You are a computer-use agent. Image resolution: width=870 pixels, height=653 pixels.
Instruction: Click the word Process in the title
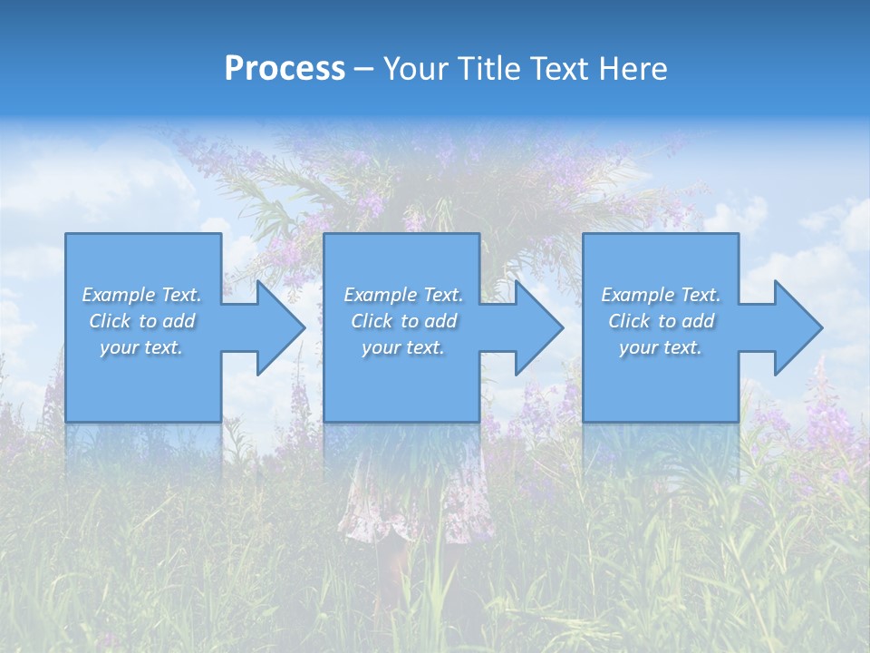point(285,69)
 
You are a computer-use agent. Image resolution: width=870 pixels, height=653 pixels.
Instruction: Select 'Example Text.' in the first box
point(141,295)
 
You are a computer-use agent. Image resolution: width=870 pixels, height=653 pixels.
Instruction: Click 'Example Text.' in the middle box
point(402,295)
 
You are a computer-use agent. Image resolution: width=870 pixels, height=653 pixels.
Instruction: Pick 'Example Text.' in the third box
point(661,295)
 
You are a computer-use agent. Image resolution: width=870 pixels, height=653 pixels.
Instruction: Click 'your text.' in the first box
point(141,347)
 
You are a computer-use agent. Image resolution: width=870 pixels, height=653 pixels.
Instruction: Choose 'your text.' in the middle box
point(402,347)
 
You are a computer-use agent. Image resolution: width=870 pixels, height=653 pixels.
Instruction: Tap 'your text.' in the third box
point(661,347)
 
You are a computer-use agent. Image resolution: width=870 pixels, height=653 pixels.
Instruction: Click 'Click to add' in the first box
point(141,321)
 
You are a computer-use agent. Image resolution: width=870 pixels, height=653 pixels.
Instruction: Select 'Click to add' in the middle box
point(402,321)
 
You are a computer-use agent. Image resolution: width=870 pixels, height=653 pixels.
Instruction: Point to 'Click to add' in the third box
point(661,321)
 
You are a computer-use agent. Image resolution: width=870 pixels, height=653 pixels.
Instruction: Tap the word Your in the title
point(414,69)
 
